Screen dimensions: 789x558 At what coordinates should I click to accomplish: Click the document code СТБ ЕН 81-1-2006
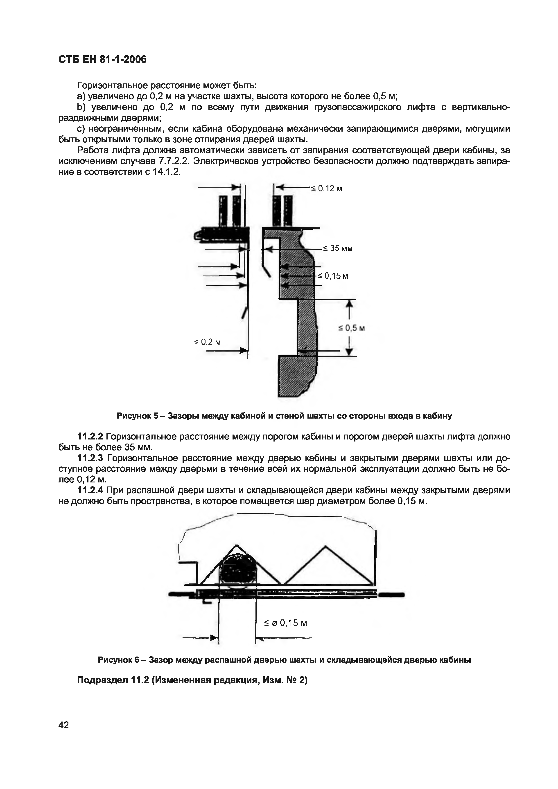click(x=102, y=59)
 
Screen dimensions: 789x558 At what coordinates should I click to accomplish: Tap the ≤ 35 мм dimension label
click(x=338, y=249)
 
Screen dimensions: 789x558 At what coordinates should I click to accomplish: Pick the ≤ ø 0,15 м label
click(x=285, y=623)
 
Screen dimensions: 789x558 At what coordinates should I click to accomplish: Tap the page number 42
click(x=64, y=725)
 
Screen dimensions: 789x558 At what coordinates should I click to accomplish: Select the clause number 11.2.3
click(x=91, y=458)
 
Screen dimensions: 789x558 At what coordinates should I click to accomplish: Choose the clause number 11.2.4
click(x=91, y=490)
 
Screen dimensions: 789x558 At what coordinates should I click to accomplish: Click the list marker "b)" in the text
click(x=81, y=107)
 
